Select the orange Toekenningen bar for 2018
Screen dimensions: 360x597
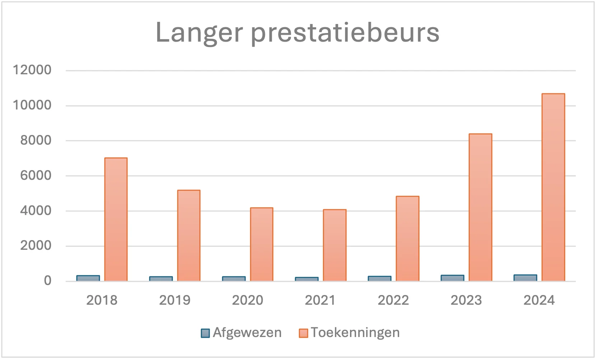(116, 219)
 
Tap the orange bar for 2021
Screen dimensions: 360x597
(335, 245)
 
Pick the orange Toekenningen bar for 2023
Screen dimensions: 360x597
(480, 207)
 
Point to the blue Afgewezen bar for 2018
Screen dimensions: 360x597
(88, 278)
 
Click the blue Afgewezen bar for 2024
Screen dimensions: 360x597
(525, 277)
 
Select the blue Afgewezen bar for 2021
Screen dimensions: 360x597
(307, 279)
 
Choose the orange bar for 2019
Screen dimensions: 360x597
(189, 235)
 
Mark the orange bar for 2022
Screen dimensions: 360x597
(407, 238)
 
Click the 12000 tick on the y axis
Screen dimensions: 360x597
(32, 70)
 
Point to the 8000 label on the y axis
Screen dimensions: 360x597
(36, 140)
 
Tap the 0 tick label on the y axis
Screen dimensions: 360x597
(47, 281)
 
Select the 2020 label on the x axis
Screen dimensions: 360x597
(247, 300)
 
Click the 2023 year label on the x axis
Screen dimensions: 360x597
(466, 300)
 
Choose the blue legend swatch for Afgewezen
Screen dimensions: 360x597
(205, 333)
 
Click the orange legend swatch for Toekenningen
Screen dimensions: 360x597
(303, 333)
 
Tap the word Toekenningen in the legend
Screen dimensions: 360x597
(355, 332)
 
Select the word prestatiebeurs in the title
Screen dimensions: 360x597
(345, 33)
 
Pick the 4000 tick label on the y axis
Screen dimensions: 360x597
(36, 210)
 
